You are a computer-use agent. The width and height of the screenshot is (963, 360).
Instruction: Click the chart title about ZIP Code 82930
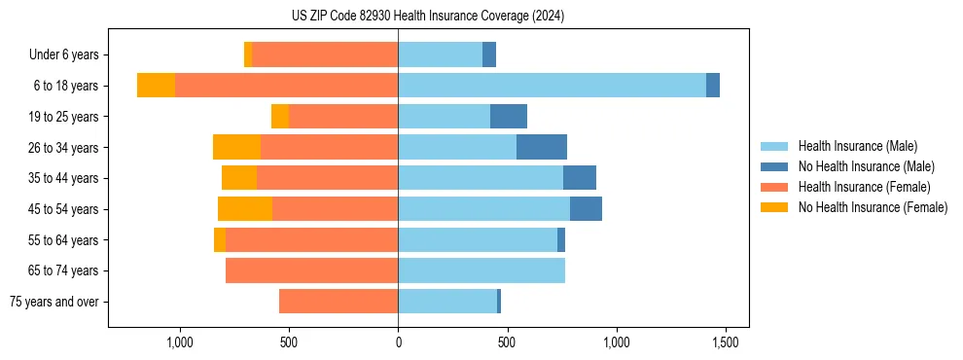click(429, 17)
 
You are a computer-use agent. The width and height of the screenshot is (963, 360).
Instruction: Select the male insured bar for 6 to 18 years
click(552, 86)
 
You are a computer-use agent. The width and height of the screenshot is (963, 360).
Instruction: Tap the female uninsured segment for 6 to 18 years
click(156, 86)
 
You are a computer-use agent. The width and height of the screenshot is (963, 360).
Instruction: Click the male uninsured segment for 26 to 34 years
click(542, 147)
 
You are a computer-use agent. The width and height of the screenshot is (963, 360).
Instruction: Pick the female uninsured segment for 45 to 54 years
click(245, 209)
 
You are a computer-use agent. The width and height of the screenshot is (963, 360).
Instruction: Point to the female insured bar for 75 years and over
click(339, 302)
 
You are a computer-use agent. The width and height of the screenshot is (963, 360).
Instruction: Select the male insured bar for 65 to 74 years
click(481, 270)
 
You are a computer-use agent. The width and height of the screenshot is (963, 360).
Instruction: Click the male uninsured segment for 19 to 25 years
click(509, 117)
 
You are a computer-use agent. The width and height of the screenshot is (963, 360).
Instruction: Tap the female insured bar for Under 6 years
click(325, 54)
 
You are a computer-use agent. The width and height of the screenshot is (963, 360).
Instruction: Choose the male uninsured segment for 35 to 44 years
click(580, 178)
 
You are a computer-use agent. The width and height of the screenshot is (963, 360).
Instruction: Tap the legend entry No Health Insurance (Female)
click(873, 207)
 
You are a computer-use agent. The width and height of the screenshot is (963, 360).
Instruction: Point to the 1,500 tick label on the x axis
click(726, 342)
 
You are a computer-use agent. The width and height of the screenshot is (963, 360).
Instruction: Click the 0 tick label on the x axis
click(398, 342)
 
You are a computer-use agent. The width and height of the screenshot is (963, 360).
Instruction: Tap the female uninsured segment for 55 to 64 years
click(220, 240)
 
